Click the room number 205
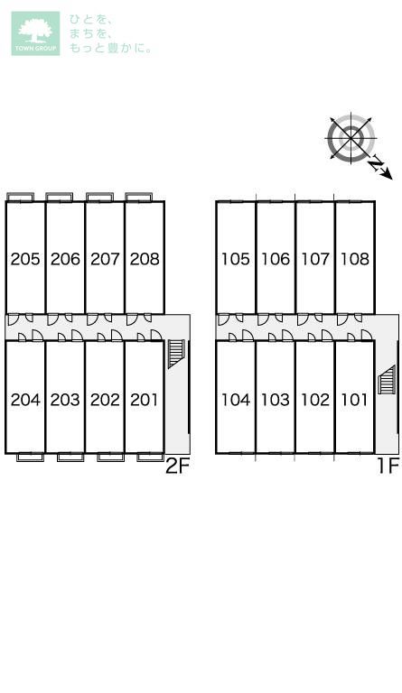coord(25,259)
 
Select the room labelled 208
coord(145,259)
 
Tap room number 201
coord(145,400)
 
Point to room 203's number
coord(65,400)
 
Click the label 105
coord(236,259)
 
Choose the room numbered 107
coord(315,259)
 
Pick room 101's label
coord(354,400)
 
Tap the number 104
coord(236,400)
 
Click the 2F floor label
coord(177,466)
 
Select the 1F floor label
coord(388,466)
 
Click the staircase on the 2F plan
coord(175,354)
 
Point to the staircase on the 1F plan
coord(387,380)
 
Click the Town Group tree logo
coord(35,33)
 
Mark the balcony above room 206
coord(60,197)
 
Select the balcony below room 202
coord(110,457)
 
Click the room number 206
coord(65,259)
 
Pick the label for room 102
coord(315,400)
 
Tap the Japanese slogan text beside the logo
coord(110,34)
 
